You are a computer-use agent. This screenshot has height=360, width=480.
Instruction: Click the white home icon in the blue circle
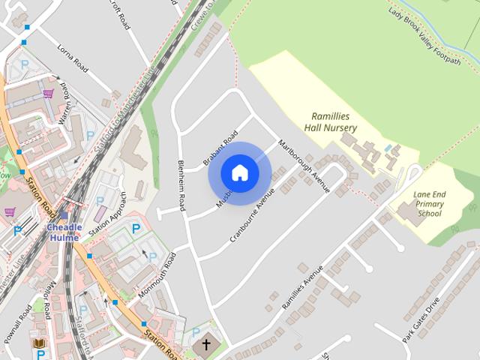pyautogui.click(x=239, y=173)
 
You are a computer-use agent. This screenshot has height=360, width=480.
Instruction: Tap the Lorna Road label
pyautogui.click(x=73, y=59)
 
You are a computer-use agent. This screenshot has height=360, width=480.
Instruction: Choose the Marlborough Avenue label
pyautogui.click(x=304, y=165)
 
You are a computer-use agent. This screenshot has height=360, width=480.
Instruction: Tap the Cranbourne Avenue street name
pyautogui.click(x=253, y=214)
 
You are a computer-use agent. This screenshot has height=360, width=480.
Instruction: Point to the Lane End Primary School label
pyautogui.click(x=429, y=203)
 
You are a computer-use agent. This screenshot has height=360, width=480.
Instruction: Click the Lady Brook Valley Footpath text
pyautogui.click(x=424, y=35)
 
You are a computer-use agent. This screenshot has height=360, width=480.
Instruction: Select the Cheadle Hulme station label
pyautogui.click(x=64, y=232)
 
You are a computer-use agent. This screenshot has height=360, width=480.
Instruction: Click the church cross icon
pyautogui.click(x=206, y=345)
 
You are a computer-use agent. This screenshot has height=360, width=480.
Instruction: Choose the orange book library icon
pyautogui.click(x=39, y=343)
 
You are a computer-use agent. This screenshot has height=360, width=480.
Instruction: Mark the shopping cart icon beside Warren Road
pyautogui.click(x=49, y=94)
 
